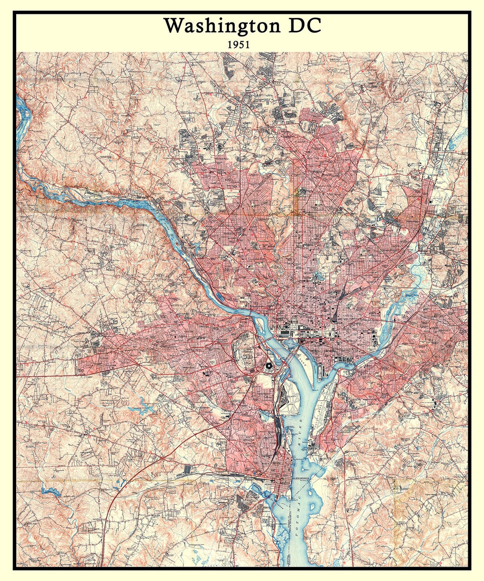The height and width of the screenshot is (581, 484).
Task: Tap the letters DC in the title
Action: pyautogui.click(x=304, y=26)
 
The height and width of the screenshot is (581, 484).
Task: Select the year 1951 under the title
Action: pyautogui.click(x=238, y=45)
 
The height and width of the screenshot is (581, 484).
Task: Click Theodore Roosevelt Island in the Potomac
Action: pyautogui.click(x=260, y=324)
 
